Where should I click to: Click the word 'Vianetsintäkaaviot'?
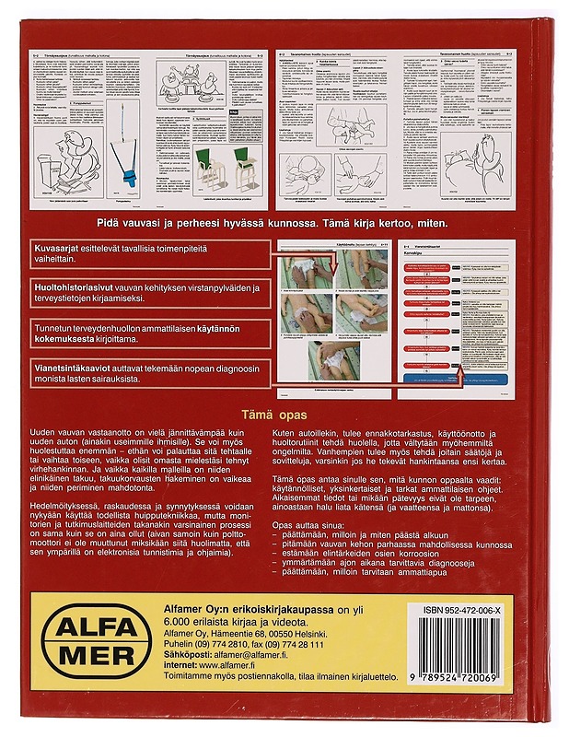[x=75, y=366]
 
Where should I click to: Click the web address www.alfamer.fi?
[x=237, y=670]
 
